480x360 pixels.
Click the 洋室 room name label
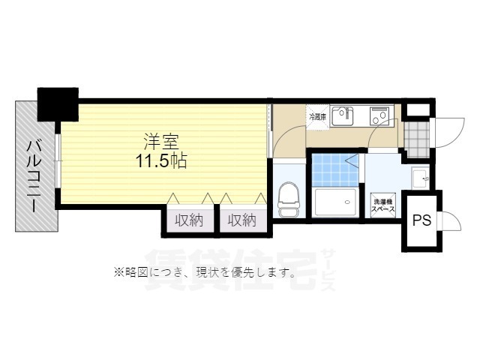coord(161,140)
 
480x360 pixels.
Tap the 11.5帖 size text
coord(161,160)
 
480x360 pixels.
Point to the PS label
coord(421,220)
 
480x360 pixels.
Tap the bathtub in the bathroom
coord(335,203)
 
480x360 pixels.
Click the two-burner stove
coord(378,115)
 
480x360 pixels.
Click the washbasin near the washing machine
coord(419,178)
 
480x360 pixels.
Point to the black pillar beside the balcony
coord(58,104)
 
